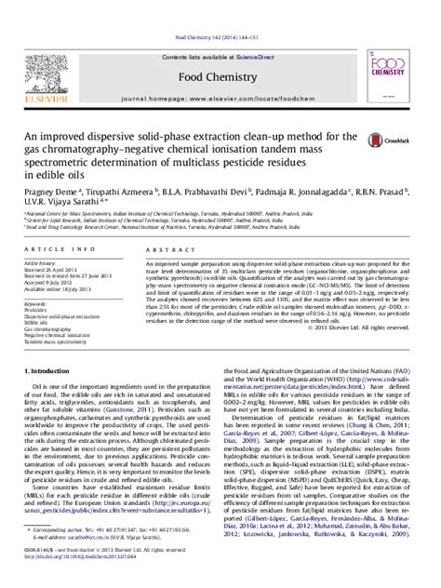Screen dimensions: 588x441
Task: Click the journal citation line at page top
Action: click(x=220, y=11)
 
